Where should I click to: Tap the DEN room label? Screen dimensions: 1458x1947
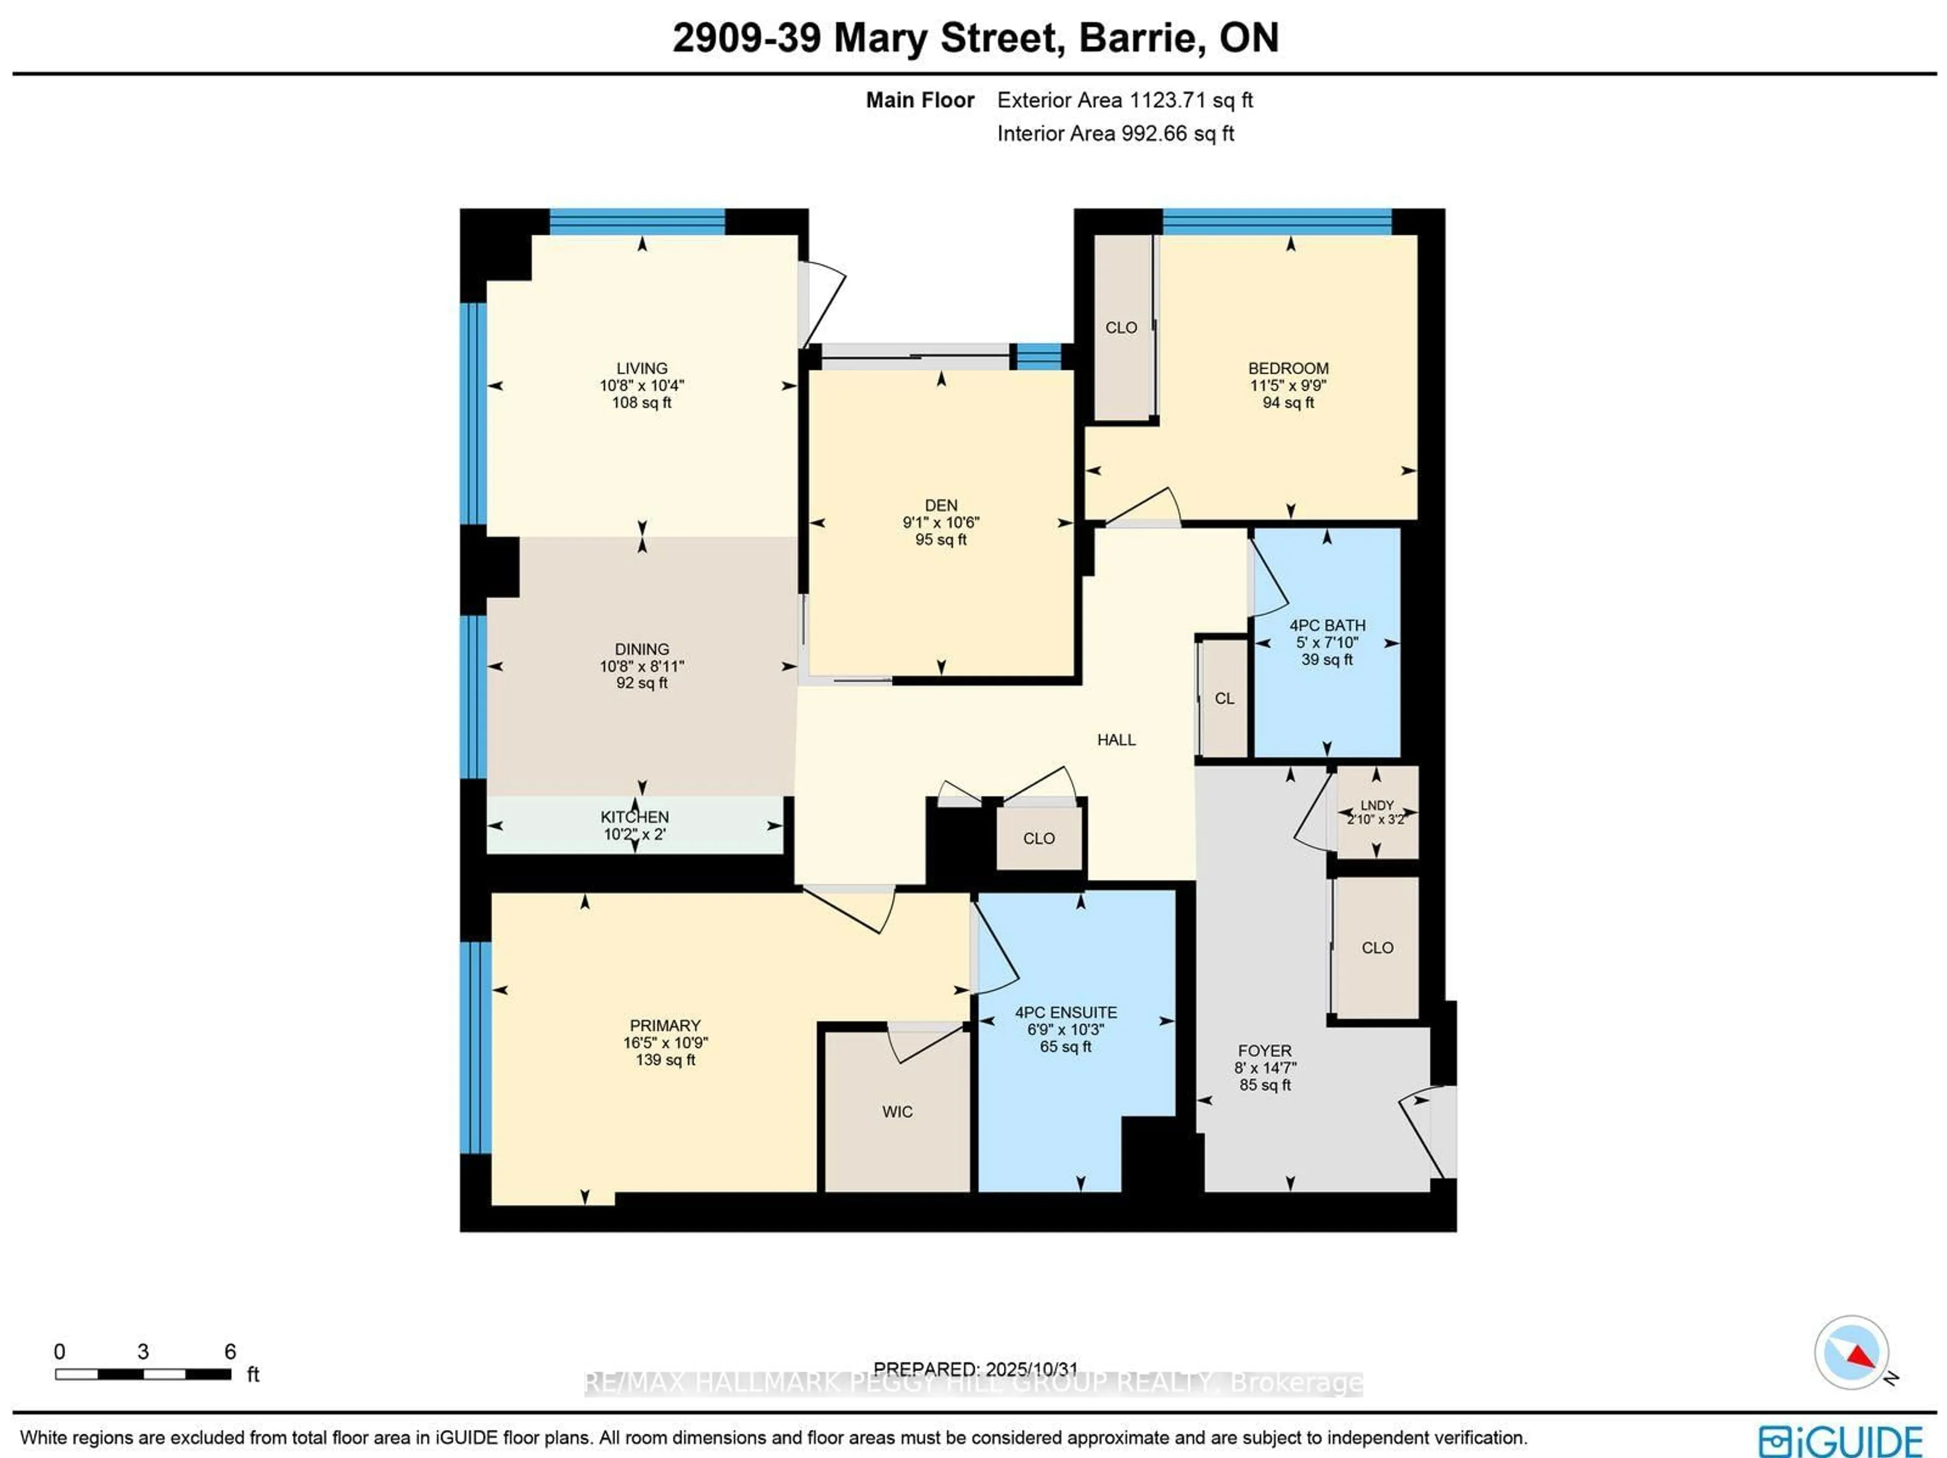941,506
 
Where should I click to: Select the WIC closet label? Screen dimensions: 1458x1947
897,1112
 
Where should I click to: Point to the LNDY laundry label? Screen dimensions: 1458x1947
1377,805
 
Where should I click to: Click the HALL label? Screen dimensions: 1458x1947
1116,739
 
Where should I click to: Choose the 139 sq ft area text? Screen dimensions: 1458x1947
665,1060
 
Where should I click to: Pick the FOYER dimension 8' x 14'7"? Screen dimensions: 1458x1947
1265,1068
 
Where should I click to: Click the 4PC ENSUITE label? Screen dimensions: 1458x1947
1066,1013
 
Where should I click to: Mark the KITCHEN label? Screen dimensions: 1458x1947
635,817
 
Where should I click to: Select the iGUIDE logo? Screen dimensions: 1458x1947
1840,1440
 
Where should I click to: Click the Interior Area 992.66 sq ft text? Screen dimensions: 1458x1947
1115,134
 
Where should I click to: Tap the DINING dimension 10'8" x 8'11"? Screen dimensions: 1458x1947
642,666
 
